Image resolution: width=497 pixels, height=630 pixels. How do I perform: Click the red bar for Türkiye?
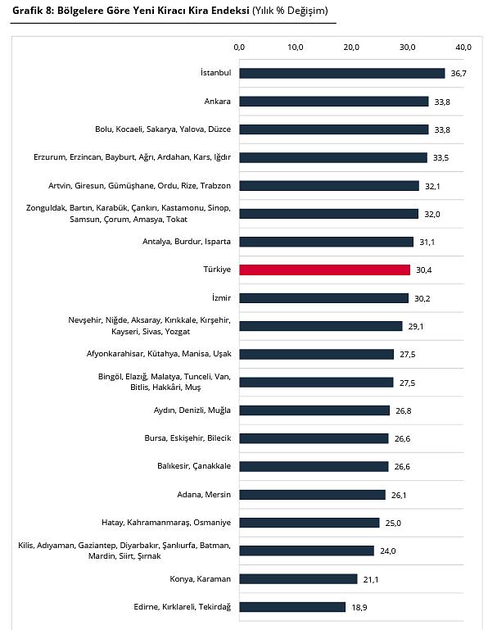(x=325, y=270)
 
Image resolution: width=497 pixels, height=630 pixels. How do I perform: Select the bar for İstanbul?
(x=342, y=73)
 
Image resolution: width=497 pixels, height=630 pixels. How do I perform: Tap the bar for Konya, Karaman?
(x=298, y=579)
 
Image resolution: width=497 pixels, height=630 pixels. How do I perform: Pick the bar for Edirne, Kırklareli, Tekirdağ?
(x=292, y=607)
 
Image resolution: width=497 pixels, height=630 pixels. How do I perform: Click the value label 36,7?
(x=459, y=74)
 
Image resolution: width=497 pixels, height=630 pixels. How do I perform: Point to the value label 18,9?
(x=359, y=608)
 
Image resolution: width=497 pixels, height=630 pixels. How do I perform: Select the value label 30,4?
(x=424, y=270)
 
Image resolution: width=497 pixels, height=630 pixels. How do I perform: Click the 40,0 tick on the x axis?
(x=463, y=48)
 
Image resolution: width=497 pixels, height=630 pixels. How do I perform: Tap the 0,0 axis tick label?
(x=239, y=48)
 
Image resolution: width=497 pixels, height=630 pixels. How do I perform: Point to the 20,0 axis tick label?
(x=351, y=48)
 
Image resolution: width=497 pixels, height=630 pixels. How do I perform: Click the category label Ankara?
(x=218, y=102)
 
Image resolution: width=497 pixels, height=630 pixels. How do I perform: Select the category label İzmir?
(x=222, y=297)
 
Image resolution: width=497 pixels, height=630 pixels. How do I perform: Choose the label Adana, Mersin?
(x=204, y=495)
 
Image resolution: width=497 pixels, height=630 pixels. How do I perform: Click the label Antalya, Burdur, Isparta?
(x=187, y=242)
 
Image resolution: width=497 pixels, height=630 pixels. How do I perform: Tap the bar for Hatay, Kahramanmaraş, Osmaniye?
(x=309, y=523)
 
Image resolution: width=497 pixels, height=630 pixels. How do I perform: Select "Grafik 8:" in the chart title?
(x=34, y=11)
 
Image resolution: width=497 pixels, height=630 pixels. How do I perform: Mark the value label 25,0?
(x=393, y=523)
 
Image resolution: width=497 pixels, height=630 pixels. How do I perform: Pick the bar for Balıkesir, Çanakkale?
(x=314, y=466)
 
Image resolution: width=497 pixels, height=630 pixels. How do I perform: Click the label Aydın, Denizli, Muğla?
(x=192, y=410)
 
